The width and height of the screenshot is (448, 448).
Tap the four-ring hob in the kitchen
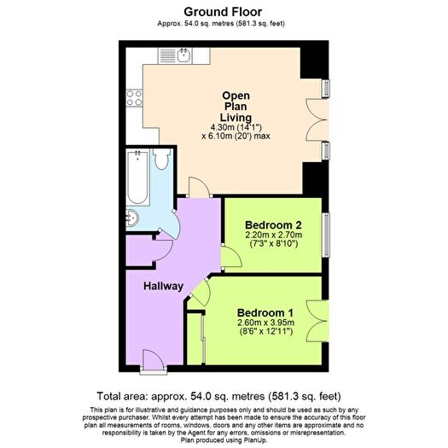134,98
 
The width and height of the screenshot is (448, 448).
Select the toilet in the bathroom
162,159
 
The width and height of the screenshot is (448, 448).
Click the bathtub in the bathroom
137,177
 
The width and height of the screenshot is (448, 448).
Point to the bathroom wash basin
132,218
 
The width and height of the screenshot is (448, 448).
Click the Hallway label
164,286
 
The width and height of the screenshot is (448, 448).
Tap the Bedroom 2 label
273,225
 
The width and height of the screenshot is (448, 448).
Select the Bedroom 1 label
265,312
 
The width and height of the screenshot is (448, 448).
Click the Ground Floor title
223,12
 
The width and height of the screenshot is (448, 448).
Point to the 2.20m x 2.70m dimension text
273,235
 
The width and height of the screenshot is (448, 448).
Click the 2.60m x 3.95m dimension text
265,323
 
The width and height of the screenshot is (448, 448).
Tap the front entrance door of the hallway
154,361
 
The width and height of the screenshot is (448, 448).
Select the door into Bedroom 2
232,256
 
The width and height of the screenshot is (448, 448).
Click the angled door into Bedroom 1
201,293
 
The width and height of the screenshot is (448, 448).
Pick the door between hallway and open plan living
200,187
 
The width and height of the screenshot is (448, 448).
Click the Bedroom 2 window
326,235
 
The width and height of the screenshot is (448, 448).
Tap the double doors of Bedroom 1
317,321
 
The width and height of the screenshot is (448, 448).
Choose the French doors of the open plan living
317,119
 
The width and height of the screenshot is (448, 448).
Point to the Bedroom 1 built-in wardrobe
195,339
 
